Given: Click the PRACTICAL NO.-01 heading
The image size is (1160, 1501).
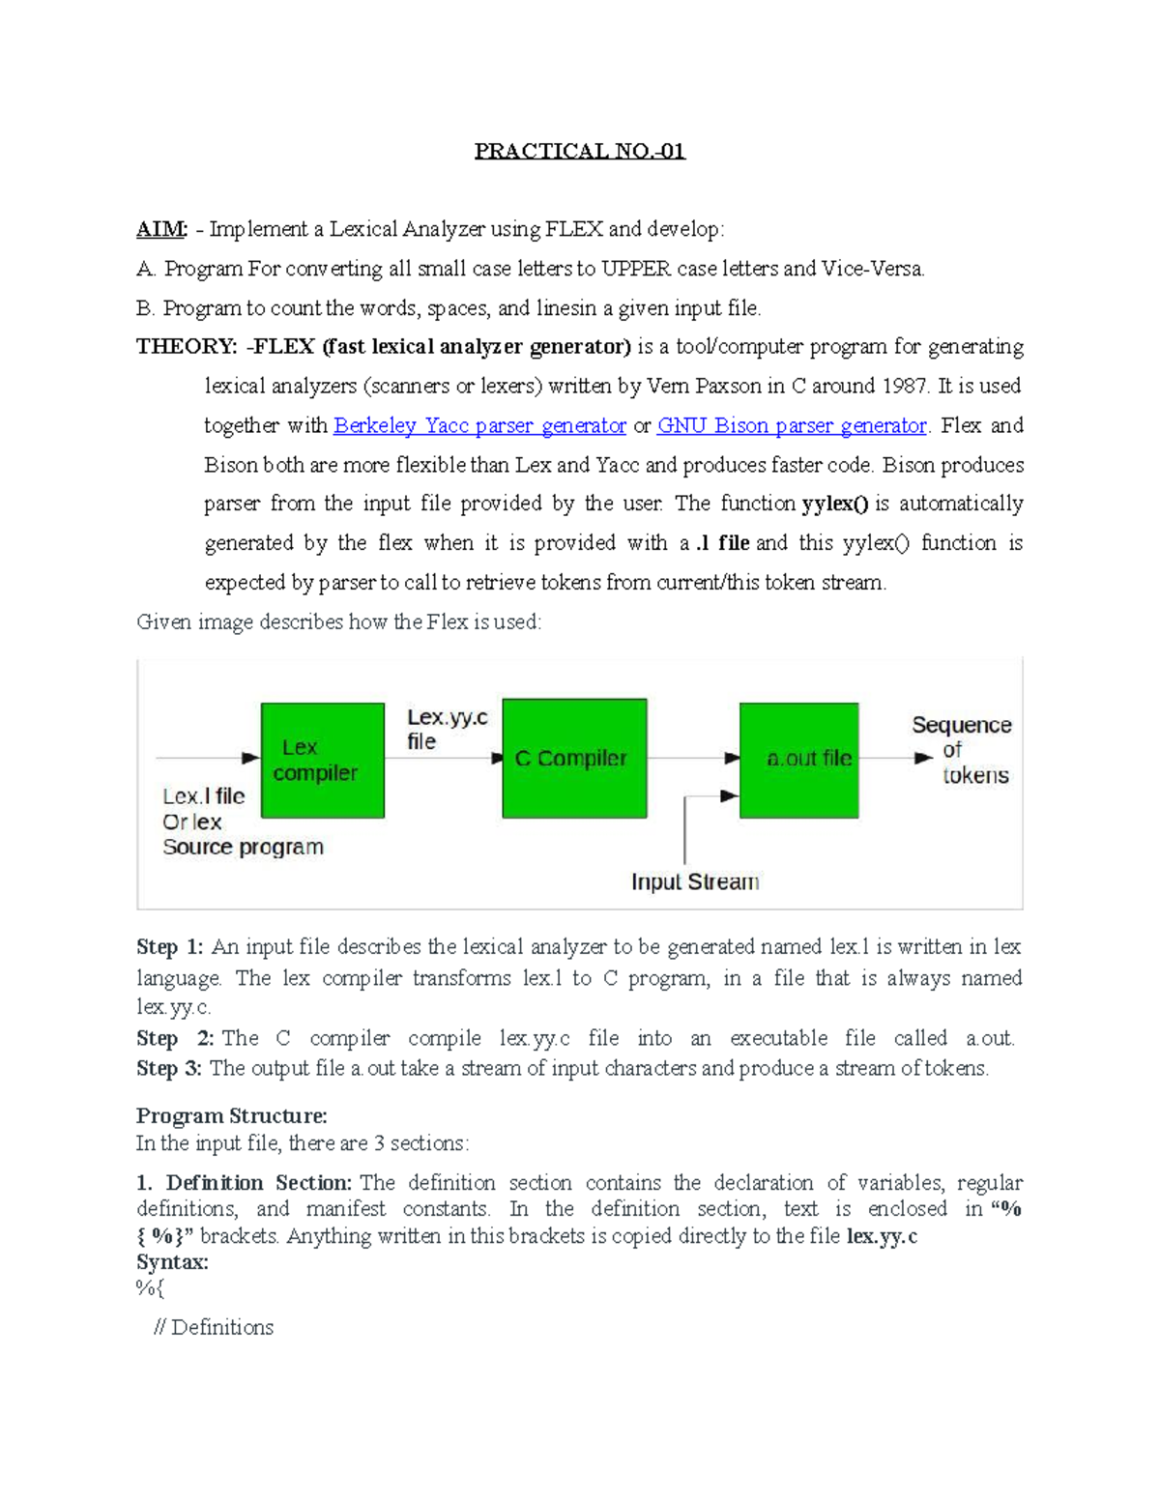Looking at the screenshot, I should tap(579, 151).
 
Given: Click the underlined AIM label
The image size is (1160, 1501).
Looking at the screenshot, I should tap(160, 229).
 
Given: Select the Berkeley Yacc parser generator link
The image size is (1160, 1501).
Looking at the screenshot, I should tap(479, 425).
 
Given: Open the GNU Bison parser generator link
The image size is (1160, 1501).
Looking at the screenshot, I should tap(792, 425).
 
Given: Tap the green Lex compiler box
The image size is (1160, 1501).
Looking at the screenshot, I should tap(322, 761).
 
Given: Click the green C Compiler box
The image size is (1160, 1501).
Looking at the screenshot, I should tap(574, 759).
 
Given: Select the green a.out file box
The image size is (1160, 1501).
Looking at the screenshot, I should tap(799, 760).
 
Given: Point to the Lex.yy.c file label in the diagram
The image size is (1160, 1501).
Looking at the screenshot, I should tap(447, 729).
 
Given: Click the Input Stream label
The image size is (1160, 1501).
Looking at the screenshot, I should tap(695, 881).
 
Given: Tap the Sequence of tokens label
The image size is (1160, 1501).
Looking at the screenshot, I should tap(962, 750).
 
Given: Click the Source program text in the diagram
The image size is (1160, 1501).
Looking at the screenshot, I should tap(243, 847).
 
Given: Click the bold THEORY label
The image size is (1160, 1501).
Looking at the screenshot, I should tap(186, 346).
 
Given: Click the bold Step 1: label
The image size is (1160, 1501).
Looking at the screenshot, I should tap(169, 946).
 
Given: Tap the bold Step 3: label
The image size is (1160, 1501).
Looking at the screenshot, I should tap(169, 1068).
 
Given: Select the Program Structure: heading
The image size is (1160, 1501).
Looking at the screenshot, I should tap(231, 1115).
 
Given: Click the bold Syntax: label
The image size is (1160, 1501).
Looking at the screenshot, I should tap(172, 1261).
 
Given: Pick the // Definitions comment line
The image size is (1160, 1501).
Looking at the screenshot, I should tap(214, 1327).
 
